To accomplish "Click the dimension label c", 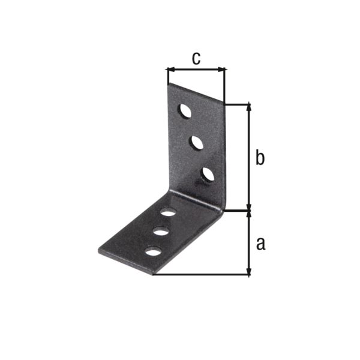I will point(196,58).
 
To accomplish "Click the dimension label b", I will point(260,158).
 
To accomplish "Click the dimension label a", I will point(260,243).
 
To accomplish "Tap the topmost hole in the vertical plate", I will point(185,112).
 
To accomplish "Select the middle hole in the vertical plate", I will point(196,143).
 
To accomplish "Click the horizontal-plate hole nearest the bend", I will point(169,212).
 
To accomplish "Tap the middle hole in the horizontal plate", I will point(161,231).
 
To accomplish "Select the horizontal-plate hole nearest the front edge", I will point(154,251).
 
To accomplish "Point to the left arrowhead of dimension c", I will point(170,70).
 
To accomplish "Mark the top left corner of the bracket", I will point(167,83).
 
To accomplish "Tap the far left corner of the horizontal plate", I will point(98,248).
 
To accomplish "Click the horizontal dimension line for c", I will point(196,70).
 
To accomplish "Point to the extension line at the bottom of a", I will point(201,275).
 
